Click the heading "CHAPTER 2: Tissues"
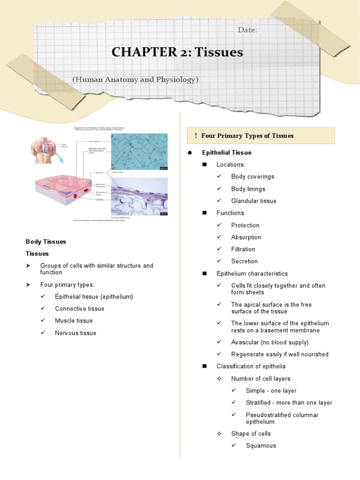pos(177,52)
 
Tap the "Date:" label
pos(247,30)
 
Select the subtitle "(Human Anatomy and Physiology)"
pos(135,80)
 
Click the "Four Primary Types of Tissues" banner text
pos(247,136)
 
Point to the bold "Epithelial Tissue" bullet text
pos(226,153)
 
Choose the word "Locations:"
pos(231,165)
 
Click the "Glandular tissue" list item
pos(254,201)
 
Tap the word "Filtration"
pos(243,249)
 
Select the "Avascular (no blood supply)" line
pos(270,342)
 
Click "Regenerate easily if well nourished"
pos(279,354)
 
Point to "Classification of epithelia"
pos(251,367)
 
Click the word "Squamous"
pos(261,446)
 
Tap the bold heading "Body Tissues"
pos(46,242)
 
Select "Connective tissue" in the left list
pos(80,309)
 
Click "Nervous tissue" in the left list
pos(75,333)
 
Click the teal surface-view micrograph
pos(139,151)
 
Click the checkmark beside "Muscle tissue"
pos(43,321)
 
